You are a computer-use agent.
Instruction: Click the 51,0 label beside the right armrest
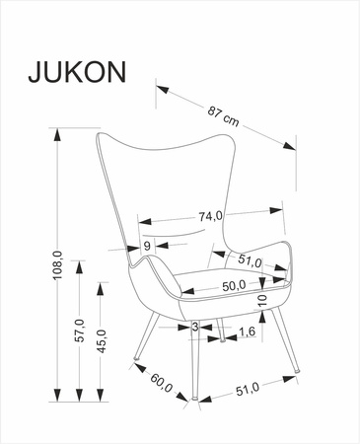tap(251, 262)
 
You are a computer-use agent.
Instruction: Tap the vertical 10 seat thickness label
tap(262, 299)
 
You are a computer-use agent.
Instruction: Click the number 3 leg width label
tap(195, 326)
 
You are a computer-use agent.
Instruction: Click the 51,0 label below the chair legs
tap(248, 390)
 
